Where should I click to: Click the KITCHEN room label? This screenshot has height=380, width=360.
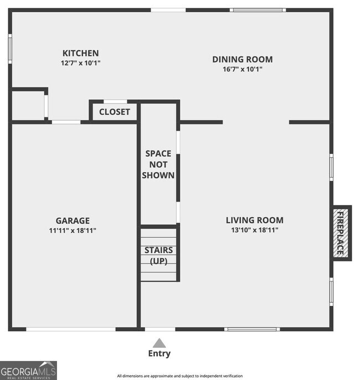pyautogui.click(x=80, y=53)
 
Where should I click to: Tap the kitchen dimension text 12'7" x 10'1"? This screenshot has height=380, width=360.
pyautogui.click(x=80, y=63)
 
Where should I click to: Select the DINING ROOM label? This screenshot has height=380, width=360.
pyautogui.click(x=243, y=59)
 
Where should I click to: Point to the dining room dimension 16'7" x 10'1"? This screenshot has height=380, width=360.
pyautogui.click(x=243, y=69)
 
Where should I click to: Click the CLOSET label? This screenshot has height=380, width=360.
pyautogui.click(x=115, y=112)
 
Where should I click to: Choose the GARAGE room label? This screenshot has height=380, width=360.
pyautogui.click(x=73, y=221)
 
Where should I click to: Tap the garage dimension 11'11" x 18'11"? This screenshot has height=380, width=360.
pyautogui.click(x=73, y=230)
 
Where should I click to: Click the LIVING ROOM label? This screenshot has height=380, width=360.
pyautogui.click(x=255, y=220)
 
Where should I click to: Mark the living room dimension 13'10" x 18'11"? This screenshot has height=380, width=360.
pyautogui.click(x=255, y=230)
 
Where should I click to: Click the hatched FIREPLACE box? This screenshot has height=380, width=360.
pyautogui.click(x=341, y=233)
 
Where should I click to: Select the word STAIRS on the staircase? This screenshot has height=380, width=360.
pyautogui.click(x=159, y=250)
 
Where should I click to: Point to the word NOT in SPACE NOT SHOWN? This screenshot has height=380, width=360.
pyautogui.click(x=158, y=165)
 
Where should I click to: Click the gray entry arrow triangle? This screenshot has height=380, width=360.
pyautogui.click(x=159, y=343)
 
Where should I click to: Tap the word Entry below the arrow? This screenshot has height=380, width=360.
pyautogui.click(x=159, y=353)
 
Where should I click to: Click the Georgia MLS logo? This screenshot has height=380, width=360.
pyautogui.click(x=28, y=370)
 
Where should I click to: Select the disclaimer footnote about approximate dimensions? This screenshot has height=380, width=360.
pyautogui.click(x=180, y=376)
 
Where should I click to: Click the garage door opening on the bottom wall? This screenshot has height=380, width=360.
pyautogui.click(x=71, y=329)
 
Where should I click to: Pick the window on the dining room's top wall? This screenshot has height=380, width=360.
pyautogui.click(x=258, y=10)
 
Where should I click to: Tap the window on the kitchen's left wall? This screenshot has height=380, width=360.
pyautogui.click(x=10, y=49)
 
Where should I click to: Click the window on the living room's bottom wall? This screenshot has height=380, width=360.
pyautogui.click(x=252, y=329)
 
